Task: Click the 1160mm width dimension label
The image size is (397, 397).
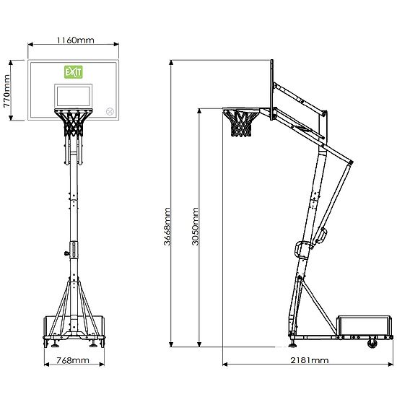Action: coord(75,40)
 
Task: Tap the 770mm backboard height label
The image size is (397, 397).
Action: coord(6,91)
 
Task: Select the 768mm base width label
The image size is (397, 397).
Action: coord(73,360)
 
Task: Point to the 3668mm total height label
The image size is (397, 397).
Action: coord(167,227)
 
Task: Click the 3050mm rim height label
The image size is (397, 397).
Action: coord(195,227)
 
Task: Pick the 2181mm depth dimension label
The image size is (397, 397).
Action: coord(310,360)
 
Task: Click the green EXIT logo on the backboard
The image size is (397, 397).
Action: coord(73,72)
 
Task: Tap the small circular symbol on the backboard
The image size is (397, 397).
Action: coord(110,111)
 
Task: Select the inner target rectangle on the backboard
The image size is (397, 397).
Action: coord(73,96)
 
